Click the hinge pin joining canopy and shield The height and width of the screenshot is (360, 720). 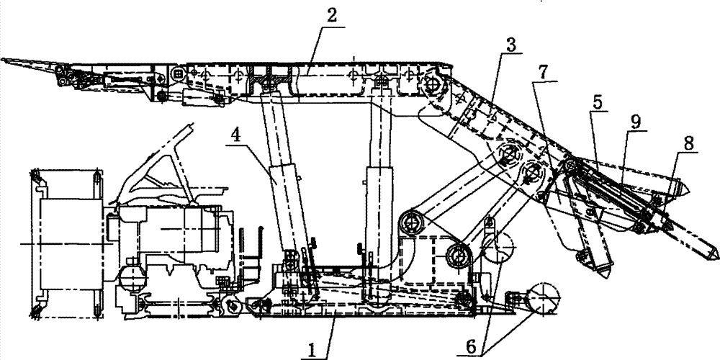pyautogui.click(x=434, y=85)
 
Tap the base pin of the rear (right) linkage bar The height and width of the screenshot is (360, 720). pyautogui.click(x=458, y=253)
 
